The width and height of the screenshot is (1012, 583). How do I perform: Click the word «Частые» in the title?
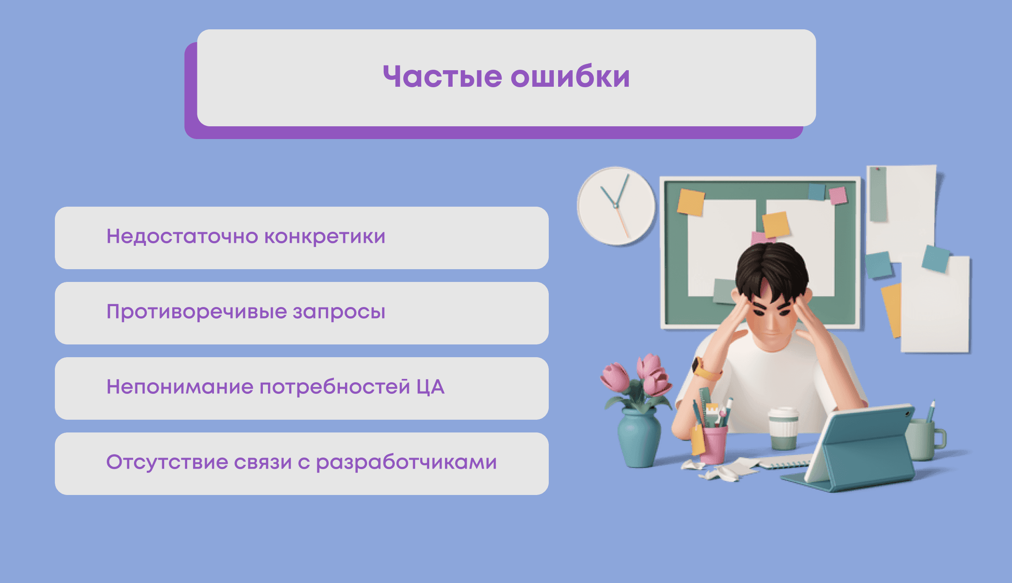(x=442, y=77)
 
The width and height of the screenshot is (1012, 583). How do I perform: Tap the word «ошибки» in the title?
(x=570, y=77)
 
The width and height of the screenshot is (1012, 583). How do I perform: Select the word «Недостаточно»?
(x=182, y=236)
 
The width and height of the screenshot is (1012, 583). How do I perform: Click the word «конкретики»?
(x=325, y=236)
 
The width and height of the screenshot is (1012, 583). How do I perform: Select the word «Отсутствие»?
(x=167, y=462)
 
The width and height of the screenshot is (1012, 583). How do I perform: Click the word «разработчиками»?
(x=406, y=462)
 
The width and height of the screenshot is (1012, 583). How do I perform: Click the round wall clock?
(x=616, y=206)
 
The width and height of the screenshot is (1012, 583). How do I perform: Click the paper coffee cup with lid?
(x=783, y=428)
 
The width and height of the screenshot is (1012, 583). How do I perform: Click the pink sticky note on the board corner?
(x=838, y=196)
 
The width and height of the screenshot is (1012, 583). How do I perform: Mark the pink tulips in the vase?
(x=638, y=376)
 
